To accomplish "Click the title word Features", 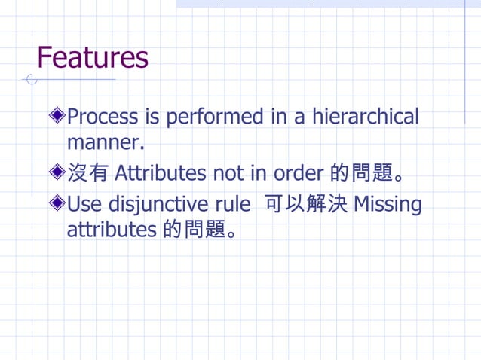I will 93,57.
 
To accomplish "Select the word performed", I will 214,117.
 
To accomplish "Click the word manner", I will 99,142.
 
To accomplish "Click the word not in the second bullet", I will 228,174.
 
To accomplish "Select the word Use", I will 85,205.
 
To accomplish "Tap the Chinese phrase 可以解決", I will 302,205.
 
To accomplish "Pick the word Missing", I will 388,205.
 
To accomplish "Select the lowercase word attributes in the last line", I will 112,230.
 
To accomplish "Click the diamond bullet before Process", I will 57,117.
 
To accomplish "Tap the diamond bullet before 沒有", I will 57,174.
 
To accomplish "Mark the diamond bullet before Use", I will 57,204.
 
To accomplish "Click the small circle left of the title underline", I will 31,79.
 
